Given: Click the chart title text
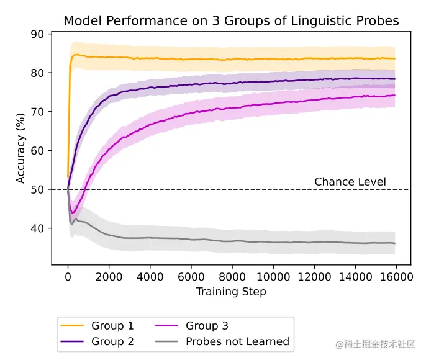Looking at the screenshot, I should [x=231, y=21].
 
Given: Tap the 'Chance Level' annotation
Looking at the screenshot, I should [x=350, y=182].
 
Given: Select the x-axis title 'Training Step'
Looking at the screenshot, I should [x=231, y=291].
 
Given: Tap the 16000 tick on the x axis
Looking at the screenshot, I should [x=395, y=276].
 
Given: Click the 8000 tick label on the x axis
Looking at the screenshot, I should [x=232, y=276].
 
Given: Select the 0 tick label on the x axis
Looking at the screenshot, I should [x=68, y=276].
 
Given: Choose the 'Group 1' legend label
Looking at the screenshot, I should [x=112, y=325].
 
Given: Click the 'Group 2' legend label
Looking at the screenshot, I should [x=112, y=341].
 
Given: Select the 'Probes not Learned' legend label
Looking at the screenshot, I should [x=237, y=341].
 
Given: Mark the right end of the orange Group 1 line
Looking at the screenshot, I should [x=395, y=58].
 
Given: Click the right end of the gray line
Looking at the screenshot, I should [x=395, y=243].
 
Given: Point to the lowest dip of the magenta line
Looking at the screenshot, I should [x=73, y=213].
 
